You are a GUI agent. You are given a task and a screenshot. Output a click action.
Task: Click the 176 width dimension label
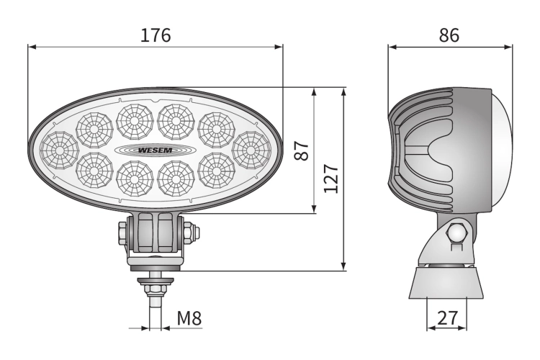tap(156, 35)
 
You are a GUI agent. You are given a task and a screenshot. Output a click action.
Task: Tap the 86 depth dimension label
tap(449, 35)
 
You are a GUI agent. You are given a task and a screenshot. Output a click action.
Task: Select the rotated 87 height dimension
tap(302, 150)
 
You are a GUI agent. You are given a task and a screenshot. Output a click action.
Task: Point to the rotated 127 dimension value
tap(331, 179)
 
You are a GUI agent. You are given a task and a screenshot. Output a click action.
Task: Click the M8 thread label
tap(189, 318)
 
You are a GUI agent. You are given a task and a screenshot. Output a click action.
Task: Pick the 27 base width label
tap(447, 318)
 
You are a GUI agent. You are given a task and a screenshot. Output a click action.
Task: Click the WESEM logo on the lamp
tap(155, 150)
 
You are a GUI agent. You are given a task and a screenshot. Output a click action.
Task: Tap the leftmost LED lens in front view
tap(59, 150)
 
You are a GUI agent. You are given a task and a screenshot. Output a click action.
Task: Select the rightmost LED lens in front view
tap(251, 150)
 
